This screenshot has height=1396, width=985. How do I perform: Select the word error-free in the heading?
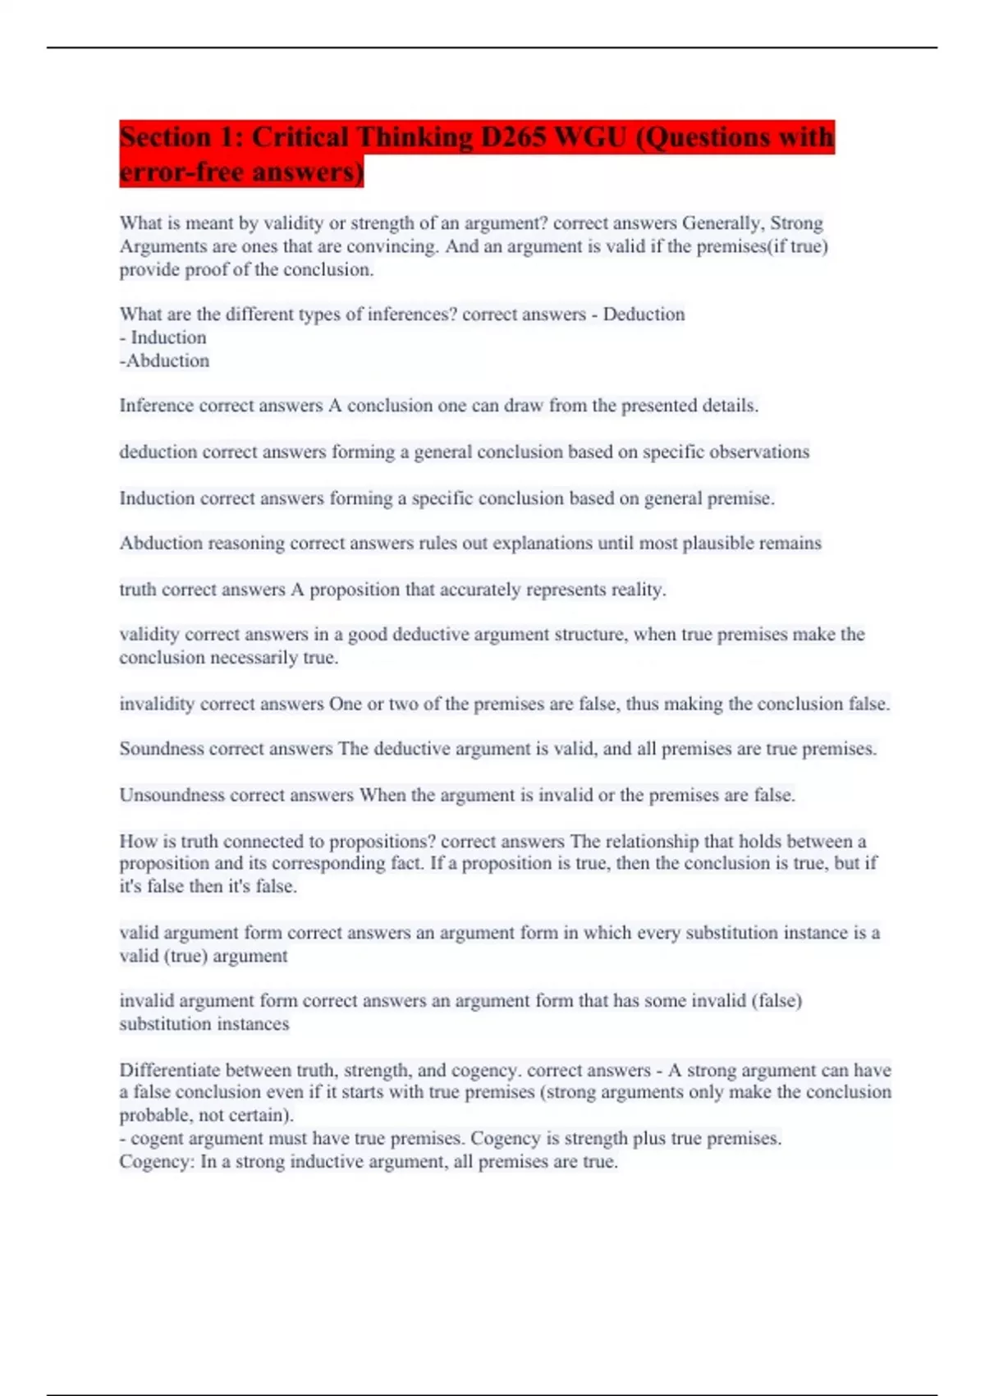click(182, 172)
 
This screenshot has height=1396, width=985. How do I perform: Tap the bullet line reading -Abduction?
click(165, 360)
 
